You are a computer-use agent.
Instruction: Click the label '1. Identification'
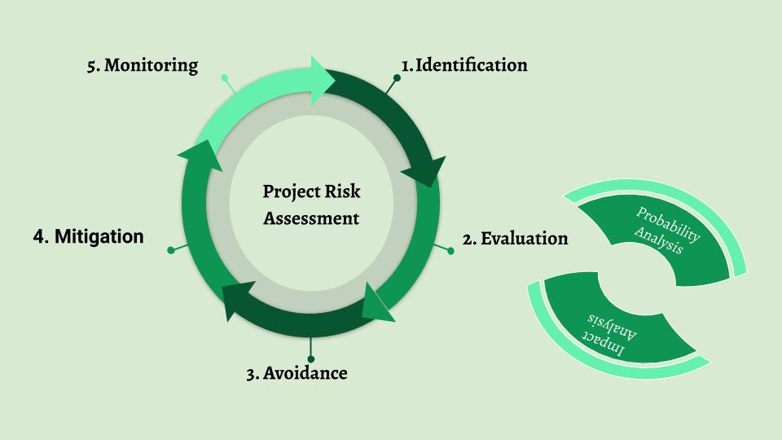(x=464, y=65)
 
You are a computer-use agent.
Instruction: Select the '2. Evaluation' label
(x=515, y=239)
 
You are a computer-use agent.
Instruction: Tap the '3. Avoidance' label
(x=297, y=374)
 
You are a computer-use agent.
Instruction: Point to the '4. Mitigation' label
(x=89, y=236)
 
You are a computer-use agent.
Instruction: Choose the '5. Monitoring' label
(x=143, y=65)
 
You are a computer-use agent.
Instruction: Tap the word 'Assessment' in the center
(x=311, y=218)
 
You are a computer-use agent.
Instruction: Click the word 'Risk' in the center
(x=341, y=192)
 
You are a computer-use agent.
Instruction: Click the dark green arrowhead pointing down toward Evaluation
(x=428, y=166)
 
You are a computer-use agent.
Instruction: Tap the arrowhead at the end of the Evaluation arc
(x=376, y=302)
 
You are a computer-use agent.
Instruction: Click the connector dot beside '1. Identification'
(x=398, y=79)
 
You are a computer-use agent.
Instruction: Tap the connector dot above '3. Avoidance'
(x=310, y=358)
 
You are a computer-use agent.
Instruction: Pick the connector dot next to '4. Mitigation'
(x=170, y=250)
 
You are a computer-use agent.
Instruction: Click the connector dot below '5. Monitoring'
(x=225, y=79)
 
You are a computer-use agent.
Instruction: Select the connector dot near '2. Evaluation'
(x=450, y=251)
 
